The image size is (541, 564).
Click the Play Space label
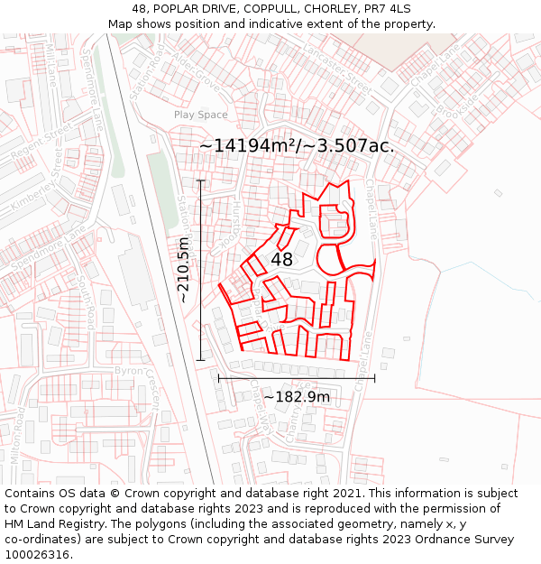click(200, 115)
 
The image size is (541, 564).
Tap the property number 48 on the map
click(281, 259)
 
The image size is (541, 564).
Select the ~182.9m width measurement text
click(297, 397)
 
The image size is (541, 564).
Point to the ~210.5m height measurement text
click(183, 270)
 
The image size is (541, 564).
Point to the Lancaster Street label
click(339, 69)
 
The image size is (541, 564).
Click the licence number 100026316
click(38, 555)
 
